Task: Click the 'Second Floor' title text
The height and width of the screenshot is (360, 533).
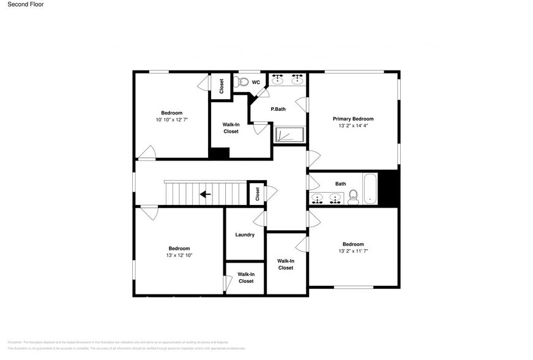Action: (x=25, y=4)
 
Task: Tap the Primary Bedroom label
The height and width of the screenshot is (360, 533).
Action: (x=353, y=119)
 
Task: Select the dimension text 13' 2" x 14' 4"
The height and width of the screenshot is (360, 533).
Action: (x=353, y=126)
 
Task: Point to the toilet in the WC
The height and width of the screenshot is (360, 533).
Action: (x=242, y=82)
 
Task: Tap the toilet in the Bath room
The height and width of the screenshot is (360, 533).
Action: (x=352, y=197)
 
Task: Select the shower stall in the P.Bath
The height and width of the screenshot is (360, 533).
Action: (x=288, y=135)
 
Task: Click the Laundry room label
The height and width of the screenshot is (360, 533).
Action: (x=245, y=235)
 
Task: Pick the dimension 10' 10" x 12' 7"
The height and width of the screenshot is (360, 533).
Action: (x=171, y=120)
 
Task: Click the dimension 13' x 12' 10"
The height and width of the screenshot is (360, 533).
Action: (x=179, y=255)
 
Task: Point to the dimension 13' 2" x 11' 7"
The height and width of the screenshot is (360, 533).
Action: (x=353, y=251)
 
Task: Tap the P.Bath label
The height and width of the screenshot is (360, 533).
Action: (x=278, y=110)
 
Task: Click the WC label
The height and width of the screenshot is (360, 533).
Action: (x=256, y=82)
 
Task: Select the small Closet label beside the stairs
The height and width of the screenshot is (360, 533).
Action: (x=257, y=194)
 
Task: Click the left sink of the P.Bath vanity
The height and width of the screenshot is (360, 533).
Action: (x=278, y=80)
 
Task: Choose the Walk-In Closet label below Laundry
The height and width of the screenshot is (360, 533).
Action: (x=246, y=277)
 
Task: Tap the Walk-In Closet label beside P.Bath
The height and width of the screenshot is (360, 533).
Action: (x=231, y=128)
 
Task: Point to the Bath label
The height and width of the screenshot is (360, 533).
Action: (x=340, y=184)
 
